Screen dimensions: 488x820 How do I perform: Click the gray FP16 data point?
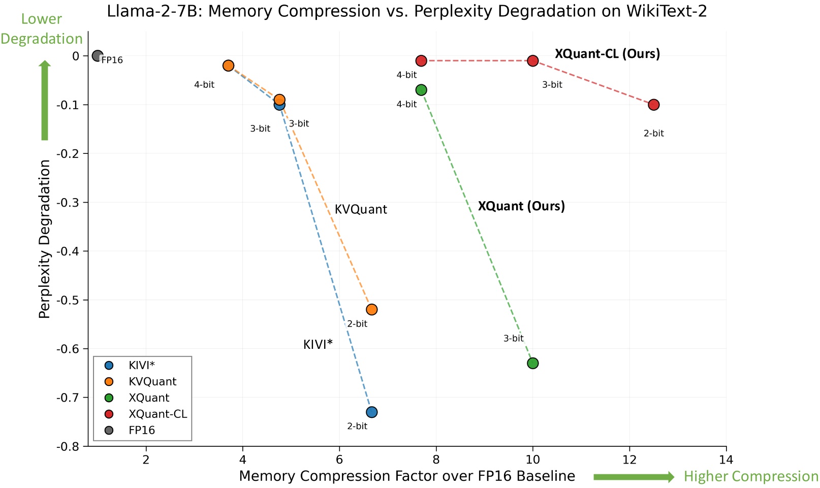(x=98, y=56)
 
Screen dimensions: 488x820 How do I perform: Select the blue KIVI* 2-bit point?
(x=371, y=412)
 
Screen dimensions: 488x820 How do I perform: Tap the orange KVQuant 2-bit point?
(x=371, y=309)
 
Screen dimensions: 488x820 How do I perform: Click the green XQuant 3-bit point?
(x=532, y=363)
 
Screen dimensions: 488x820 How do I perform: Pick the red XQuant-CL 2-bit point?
(x=653, y=105)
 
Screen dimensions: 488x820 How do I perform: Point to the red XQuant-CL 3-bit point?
(x=532, y=61)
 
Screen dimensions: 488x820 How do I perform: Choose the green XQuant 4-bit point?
(x=421, y=90)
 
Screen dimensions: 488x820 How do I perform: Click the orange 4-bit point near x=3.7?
(x=228, y=66)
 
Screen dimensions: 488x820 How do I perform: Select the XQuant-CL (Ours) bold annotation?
(x=607, y=54)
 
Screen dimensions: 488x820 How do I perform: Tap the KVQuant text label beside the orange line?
(x=361, y=210)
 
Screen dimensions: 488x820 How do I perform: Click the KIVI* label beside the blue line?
(x=318, y=345)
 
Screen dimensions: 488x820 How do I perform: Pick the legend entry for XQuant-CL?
(x=157, y=414)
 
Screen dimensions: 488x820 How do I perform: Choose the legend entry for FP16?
(x=142, y=430)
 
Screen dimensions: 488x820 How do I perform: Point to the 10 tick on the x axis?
(x=532, y=460)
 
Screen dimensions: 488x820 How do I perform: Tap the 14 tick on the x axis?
(x=726, y=460)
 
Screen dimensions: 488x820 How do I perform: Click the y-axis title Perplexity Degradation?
(x=45, y=239)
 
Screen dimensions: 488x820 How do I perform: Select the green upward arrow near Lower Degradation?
(x=45, y=101)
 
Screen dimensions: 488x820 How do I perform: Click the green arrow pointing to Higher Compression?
(x=634, y=477)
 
